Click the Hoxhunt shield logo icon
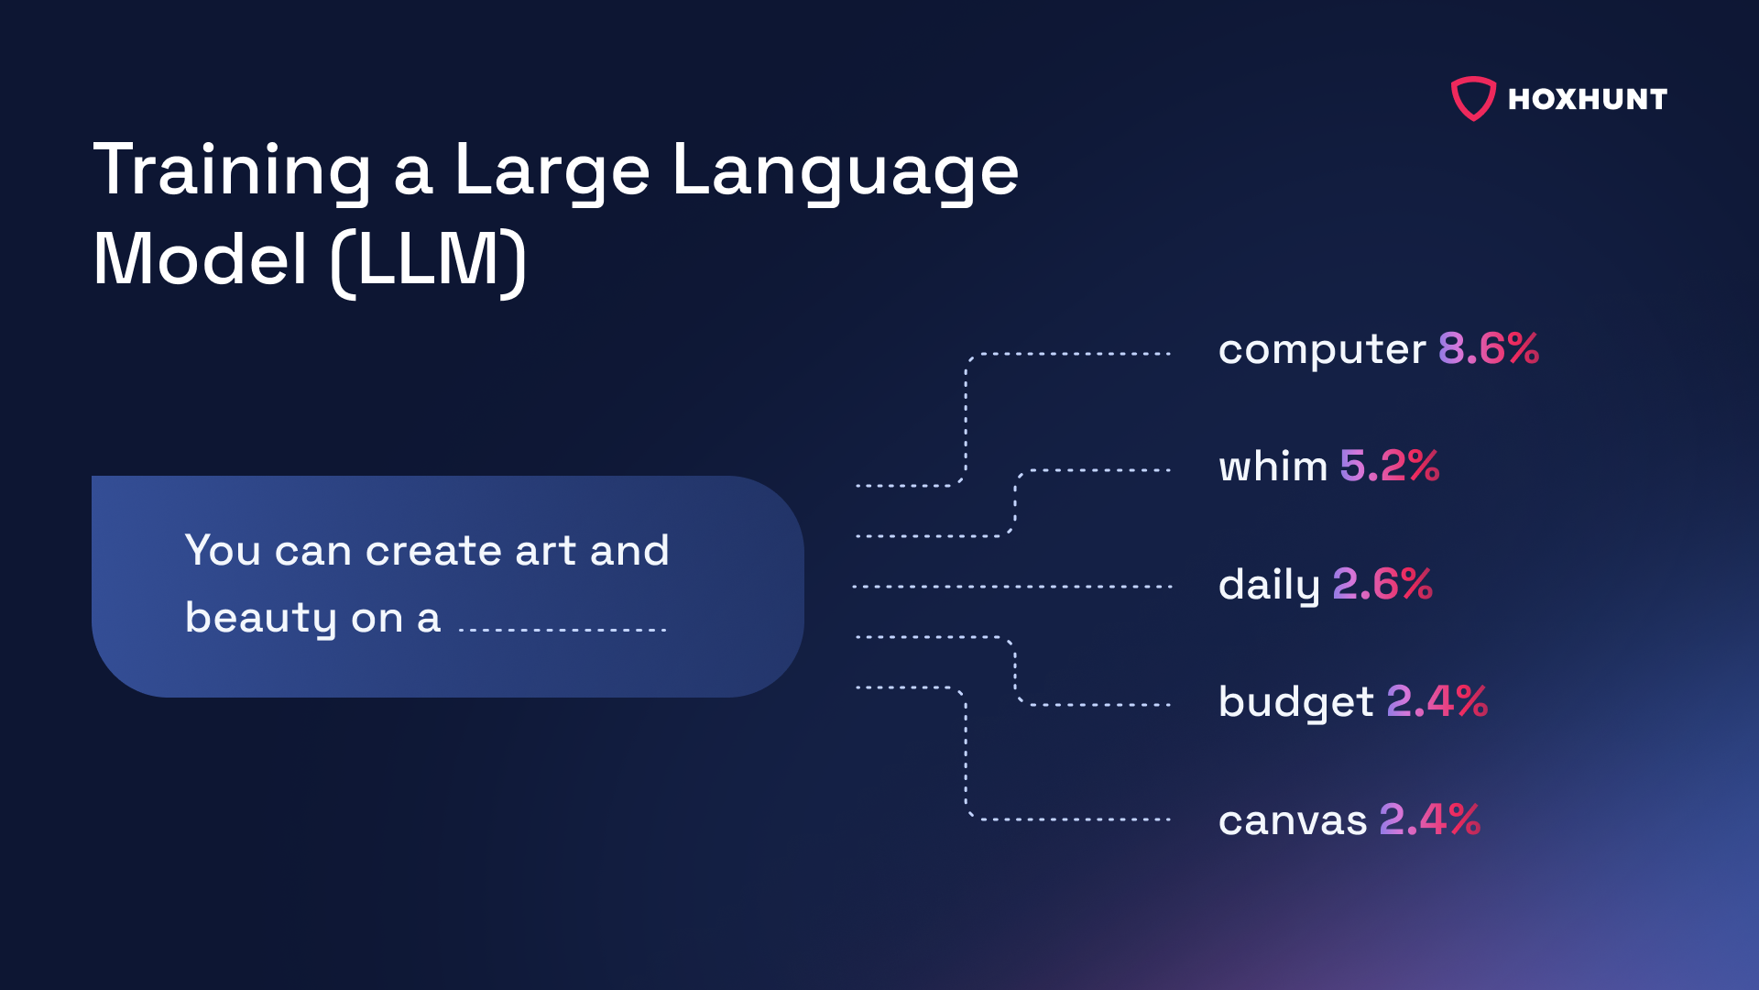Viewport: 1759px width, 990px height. [x=1473, y=98]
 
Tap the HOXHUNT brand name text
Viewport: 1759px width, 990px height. [x=1588, y=99]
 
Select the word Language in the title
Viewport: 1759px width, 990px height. [x=846, y=172]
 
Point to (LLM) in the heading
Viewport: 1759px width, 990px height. [x=429, y=260]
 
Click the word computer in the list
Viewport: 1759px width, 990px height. [x=1322, y=350]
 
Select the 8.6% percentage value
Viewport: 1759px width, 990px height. [x=1489, y=348]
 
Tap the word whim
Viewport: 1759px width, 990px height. [x=1273, y=466]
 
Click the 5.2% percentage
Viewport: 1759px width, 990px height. [x=1390, y=466]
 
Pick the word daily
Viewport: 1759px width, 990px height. [x=1269, y=585]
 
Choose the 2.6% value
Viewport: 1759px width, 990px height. [x=1382, y=584]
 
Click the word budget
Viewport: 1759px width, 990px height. [x=1296, y=702]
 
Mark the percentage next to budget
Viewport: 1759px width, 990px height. [x=1437, y=701]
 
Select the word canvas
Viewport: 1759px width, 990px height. [x=1293, y=820]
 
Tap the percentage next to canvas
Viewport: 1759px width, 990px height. [x=1430, y=819]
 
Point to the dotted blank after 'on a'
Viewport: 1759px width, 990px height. [x=563, y=630]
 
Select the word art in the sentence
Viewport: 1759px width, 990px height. [x=546, y=551]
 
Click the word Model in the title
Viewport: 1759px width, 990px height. [x=200, y=260]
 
